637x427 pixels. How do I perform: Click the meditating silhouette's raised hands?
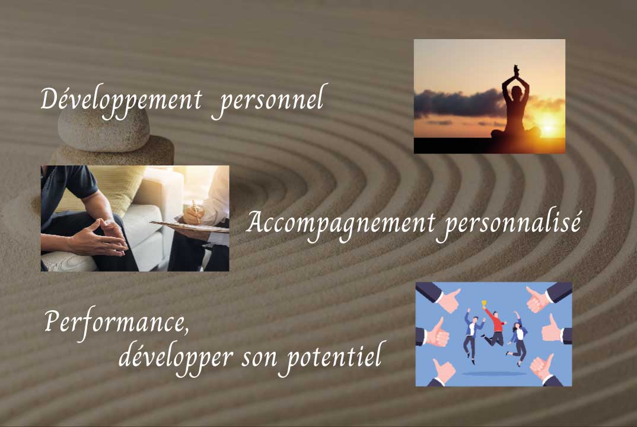[x=515, y=72]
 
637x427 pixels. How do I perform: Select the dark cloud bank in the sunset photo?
[x=459, y=104]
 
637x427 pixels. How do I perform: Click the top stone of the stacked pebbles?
[x=104, y=129]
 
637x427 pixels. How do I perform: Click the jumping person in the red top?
[x=494, y=327]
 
